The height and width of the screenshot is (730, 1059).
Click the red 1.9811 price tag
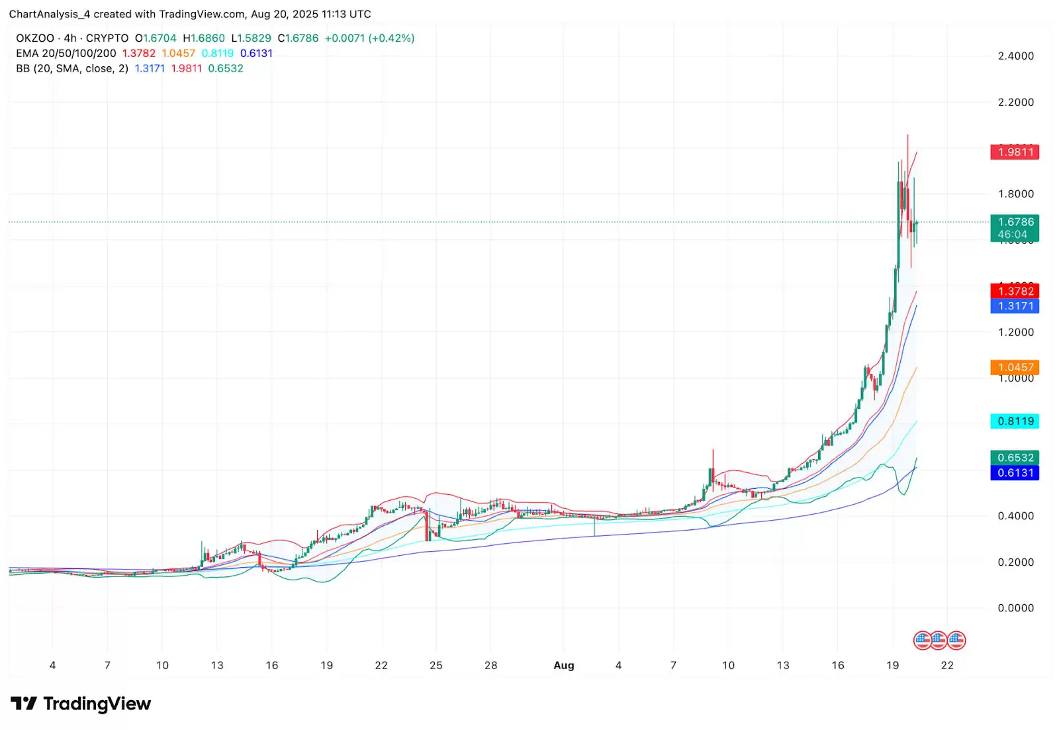pos(1015,152)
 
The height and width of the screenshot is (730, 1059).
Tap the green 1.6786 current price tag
pos(1015,223)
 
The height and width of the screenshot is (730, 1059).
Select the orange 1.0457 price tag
pos(1015,367)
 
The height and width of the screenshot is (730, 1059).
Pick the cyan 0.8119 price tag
pos(1015,421)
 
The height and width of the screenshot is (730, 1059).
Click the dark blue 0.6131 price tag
pos(1015,473)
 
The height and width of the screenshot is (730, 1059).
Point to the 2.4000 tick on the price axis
pos(1015,56)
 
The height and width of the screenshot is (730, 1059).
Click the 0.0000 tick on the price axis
pos(1015,608)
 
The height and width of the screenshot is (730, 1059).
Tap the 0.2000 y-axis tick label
pos(1015,562)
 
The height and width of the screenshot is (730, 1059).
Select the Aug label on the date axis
pos(564,666)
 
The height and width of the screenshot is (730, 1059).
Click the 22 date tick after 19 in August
pos(947,666)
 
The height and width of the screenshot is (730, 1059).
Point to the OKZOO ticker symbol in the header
pos(35,38)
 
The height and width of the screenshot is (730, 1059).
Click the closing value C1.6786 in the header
pos(298,38)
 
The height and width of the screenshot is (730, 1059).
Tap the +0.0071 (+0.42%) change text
pos(369,38)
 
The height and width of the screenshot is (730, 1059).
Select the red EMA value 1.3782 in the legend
pos(139,54)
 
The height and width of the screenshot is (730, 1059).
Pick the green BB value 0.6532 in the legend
pos(226,69)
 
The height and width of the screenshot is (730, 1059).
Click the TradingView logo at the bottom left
pos(81,704)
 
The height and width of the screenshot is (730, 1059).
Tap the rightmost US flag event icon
pos(956,641)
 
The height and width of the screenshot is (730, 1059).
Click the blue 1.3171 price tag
pos(1015,306)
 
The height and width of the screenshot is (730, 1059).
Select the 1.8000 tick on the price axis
pos(1015,194)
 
